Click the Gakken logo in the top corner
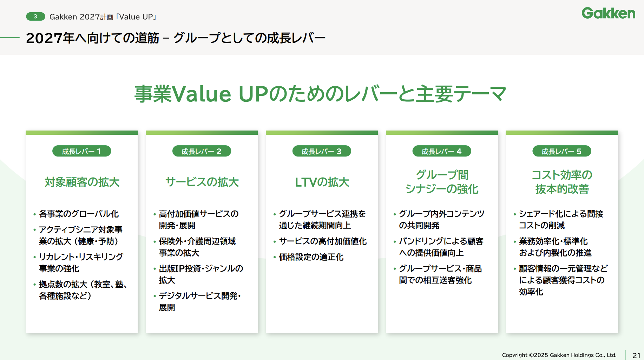[x=608, y=13]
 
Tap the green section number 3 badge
[x=35, y=16]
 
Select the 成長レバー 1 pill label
[x=81, y=151]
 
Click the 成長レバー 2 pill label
[x=202, y=151]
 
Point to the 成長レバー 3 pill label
[x=322, y=151]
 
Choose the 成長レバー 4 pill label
[x=442, y=151]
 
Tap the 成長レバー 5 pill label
[x=562, y=151]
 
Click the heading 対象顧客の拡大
[x=82, y=182]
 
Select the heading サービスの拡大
[x=202, y=182]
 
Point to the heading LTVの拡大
[x=322, y=182]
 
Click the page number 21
[x=637, y=355]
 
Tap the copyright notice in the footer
[x=559, y=355]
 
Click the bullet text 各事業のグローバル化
[x=79, y=214]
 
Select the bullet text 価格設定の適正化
[x=311, y=257]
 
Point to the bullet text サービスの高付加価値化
[x=323, y=241]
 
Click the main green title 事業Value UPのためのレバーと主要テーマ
[x=321, y=94]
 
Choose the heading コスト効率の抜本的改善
[x=562, y=182]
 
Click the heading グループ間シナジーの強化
[x=442, y=182]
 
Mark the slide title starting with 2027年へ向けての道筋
[x=176, y=38]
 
